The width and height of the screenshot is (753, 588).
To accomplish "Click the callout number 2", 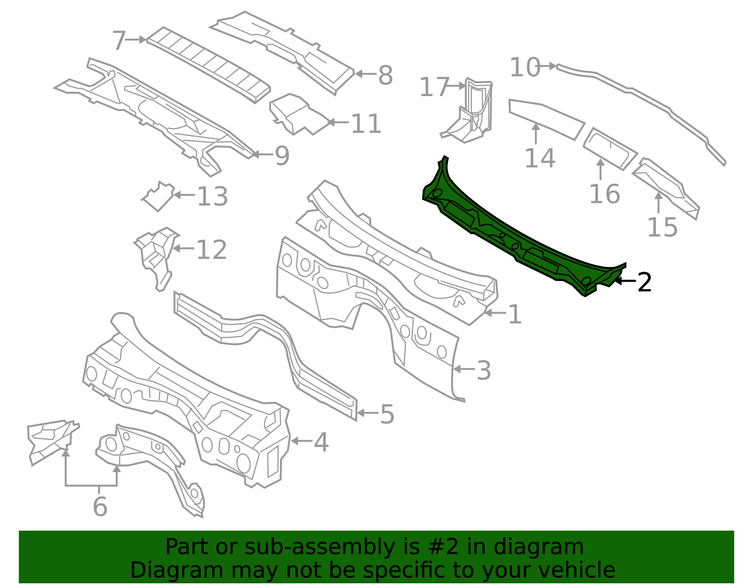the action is [644, 283].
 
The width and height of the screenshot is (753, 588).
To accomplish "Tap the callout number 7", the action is [119, 40].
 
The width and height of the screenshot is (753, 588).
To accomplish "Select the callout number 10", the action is [525, 67].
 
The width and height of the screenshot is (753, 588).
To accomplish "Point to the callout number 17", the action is [434, 87].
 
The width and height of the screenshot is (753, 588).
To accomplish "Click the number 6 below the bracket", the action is [100, 507].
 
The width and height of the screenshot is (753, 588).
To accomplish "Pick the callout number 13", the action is [212, 196].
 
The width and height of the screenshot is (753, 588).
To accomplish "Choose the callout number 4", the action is [321, 443].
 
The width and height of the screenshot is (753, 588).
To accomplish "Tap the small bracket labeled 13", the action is [159, 196].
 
